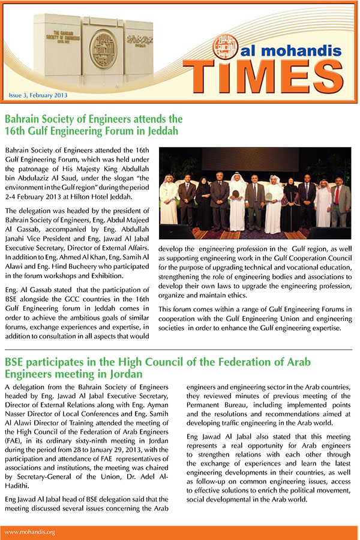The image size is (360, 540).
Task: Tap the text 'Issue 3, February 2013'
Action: pos(38,95)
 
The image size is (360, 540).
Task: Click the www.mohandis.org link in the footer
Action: pos(30,532)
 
